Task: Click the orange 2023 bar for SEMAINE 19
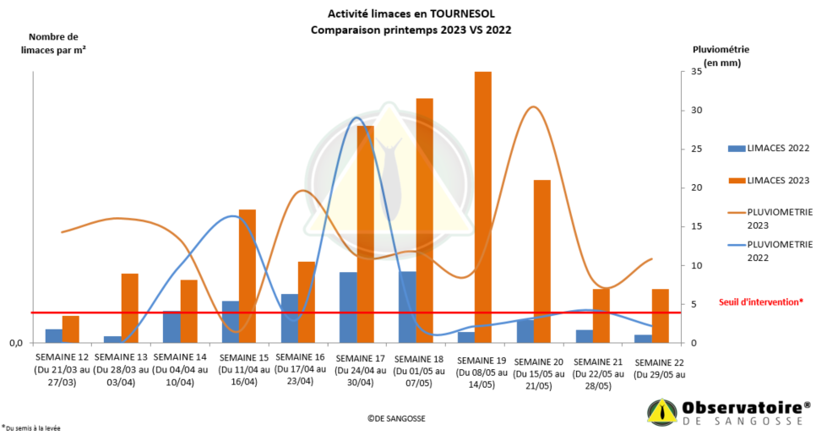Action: [483, 207]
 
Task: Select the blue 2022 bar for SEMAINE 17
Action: [348, 307]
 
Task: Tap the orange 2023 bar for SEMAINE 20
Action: [542, 261]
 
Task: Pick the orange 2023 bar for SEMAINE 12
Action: [70, 329]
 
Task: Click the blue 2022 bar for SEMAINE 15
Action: [231, 322]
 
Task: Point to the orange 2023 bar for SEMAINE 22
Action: [660, 316]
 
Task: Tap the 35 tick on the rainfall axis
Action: [695, 72]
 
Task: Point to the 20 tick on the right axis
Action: [695, 188]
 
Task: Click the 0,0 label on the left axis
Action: [16, 342]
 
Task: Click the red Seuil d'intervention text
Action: [760, 301]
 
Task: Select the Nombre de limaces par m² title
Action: [53, 43]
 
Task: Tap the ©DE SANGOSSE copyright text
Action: [397, 418]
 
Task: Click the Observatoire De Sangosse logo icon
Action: [662, 412]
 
